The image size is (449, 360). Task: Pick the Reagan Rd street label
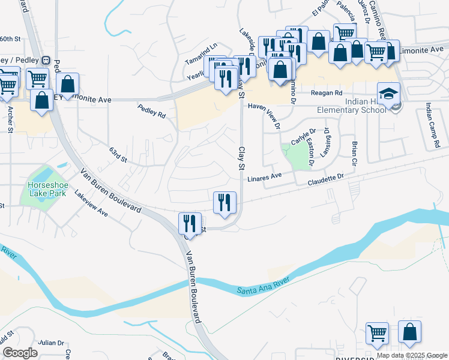point(326,93)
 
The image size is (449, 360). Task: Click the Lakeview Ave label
point(91,203)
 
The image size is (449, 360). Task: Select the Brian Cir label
point(355,152)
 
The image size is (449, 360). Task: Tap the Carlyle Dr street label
point(303,141)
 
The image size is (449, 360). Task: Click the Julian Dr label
point(50,343)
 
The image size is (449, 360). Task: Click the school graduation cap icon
point(388,93)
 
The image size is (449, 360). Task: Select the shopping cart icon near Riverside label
point(377,332)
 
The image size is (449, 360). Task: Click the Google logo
point(20,352)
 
